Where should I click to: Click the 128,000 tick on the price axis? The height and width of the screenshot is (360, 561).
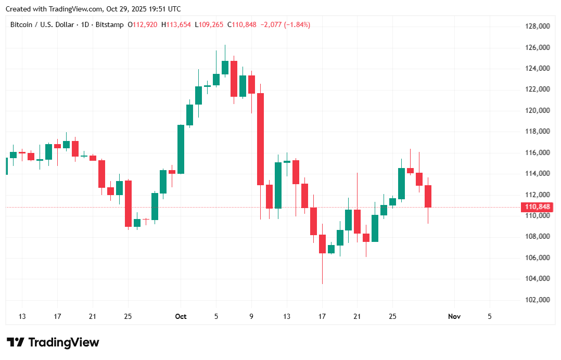pyautogui.click(x=537, y=27)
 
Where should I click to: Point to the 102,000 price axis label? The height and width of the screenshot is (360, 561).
pyautogui.click(x=537, y=300)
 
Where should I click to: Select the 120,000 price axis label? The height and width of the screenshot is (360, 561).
pyautogui.click(x=537, y=111)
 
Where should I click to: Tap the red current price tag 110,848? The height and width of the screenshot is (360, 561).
pyautogui.click(x=537, y=207)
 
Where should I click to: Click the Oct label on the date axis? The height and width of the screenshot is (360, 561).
pyautogui.click(x=181, y=316)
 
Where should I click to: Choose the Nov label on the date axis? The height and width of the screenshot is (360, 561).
pyautogui.click(x=454, y=316)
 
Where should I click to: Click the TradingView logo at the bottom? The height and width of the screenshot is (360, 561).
pyautogui.click(x=53, y=342)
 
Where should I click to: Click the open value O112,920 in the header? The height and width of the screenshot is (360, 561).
pyautogui.click(x=144, y=24)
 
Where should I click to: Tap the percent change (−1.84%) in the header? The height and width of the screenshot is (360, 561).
pyautogui.click(x=297, y=24)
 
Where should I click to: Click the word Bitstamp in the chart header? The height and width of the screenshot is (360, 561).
pyautogui.click(x=110, y=24)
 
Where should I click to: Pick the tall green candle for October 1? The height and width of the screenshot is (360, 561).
pyautogui.click(x=181, y=149)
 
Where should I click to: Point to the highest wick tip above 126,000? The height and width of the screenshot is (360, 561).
pyautogui.click(x=225, y=45)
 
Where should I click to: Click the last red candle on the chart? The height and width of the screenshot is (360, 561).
pyautogui.click(x=428, y=196)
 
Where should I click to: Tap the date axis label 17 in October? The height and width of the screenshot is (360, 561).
pyautogui.click(x=322, y=316)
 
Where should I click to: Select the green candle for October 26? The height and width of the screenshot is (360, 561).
pyautogui.click(x=401, y=183)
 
